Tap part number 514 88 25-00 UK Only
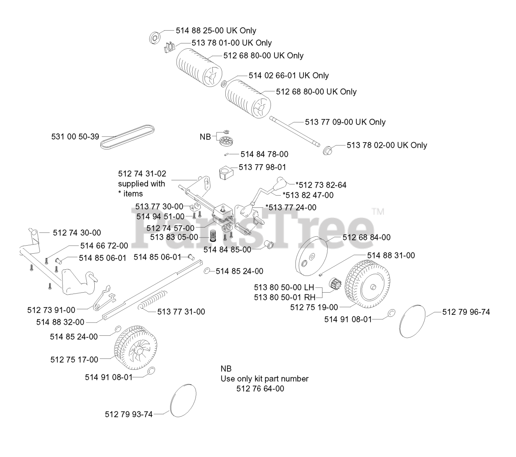(216, 31)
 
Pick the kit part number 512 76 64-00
(260, 389)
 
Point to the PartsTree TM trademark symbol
(378, 211)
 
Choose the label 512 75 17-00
(74, 360)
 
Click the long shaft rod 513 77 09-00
(295, 130)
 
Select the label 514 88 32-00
(60, 322)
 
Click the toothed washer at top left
(155, 37)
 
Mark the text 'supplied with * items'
(141, 188)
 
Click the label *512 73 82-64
(321, 185)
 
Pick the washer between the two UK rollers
(223, 84)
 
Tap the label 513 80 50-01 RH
(285, 297)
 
